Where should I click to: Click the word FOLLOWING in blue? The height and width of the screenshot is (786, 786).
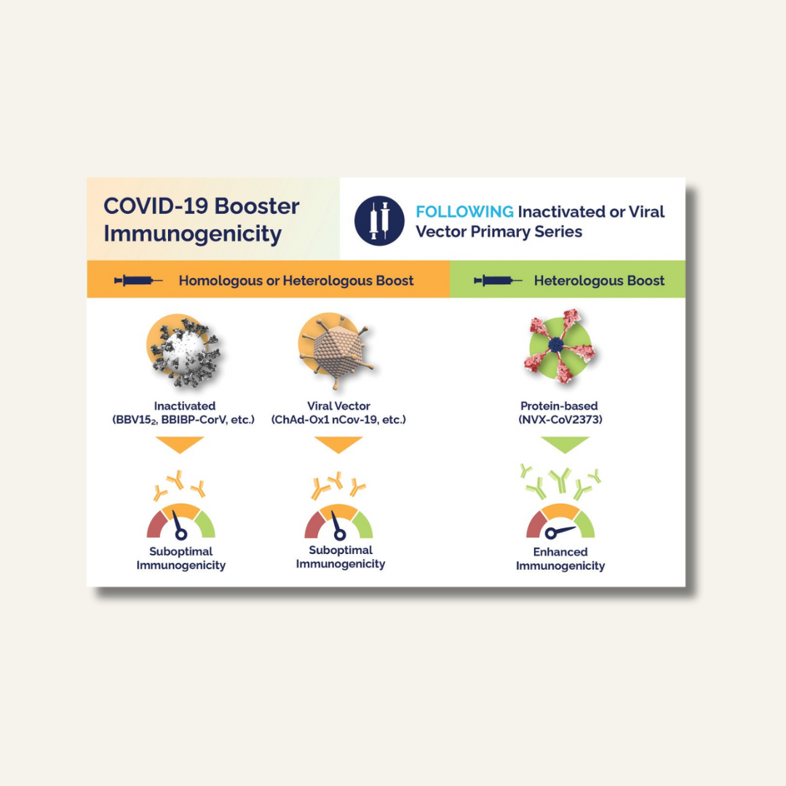click(464, 212)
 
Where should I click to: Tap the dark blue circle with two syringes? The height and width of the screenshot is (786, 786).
click(379, 221)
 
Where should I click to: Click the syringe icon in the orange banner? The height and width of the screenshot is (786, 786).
click(138, 280)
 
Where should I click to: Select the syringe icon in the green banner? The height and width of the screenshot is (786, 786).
click(498, 280)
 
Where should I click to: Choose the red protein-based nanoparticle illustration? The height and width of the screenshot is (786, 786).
click(560, 346)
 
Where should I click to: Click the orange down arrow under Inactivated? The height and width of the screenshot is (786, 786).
click(180, 444)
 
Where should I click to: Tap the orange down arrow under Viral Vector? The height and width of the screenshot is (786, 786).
click(338, 444)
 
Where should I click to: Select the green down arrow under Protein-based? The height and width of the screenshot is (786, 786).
click(565, 444)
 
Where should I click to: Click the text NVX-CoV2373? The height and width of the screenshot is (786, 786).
click(560, 420)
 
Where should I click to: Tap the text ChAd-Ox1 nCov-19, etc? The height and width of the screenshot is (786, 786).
click(338, 420)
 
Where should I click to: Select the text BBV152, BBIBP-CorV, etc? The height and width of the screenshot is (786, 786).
click(183, 420)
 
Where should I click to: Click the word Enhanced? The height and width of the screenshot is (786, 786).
click(560, 552)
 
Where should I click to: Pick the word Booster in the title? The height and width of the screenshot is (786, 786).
click(257, 206)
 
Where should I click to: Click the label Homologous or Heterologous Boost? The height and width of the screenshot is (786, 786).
click(296, 281)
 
